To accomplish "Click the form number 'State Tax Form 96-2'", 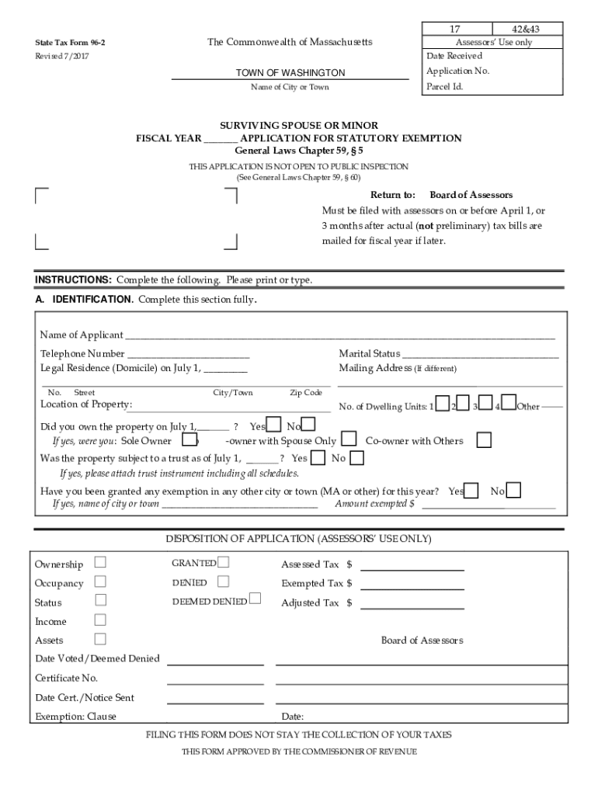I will pos(70,43).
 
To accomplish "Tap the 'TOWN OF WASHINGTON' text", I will pos(290,73).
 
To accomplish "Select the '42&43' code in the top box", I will pos(526,29).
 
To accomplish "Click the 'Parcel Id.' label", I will pos(445,86).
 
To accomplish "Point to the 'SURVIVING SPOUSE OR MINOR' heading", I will pos(299,126).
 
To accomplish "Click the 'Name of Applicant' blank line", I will pos(340,335).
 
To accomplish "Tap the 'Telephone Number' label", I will pos(82,354).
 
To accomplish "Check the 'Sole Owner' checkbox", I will pos(189,441).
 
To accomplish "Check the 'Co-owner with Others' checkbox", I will pos(484,441).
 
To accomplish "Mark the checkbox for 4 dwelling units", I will pos(509,402).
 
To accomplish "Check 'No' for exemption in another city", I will pos(513,491).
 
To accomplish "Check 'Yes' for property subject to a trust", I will pos(318,458).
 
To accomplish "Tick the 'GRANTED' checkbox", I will pos(224,562).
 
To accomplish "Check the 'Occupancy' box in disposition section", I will pos(100,581).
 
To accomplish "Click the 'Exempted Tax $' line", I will pos(412,583).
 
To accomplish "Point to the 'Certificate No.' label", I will pos(67,678).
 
